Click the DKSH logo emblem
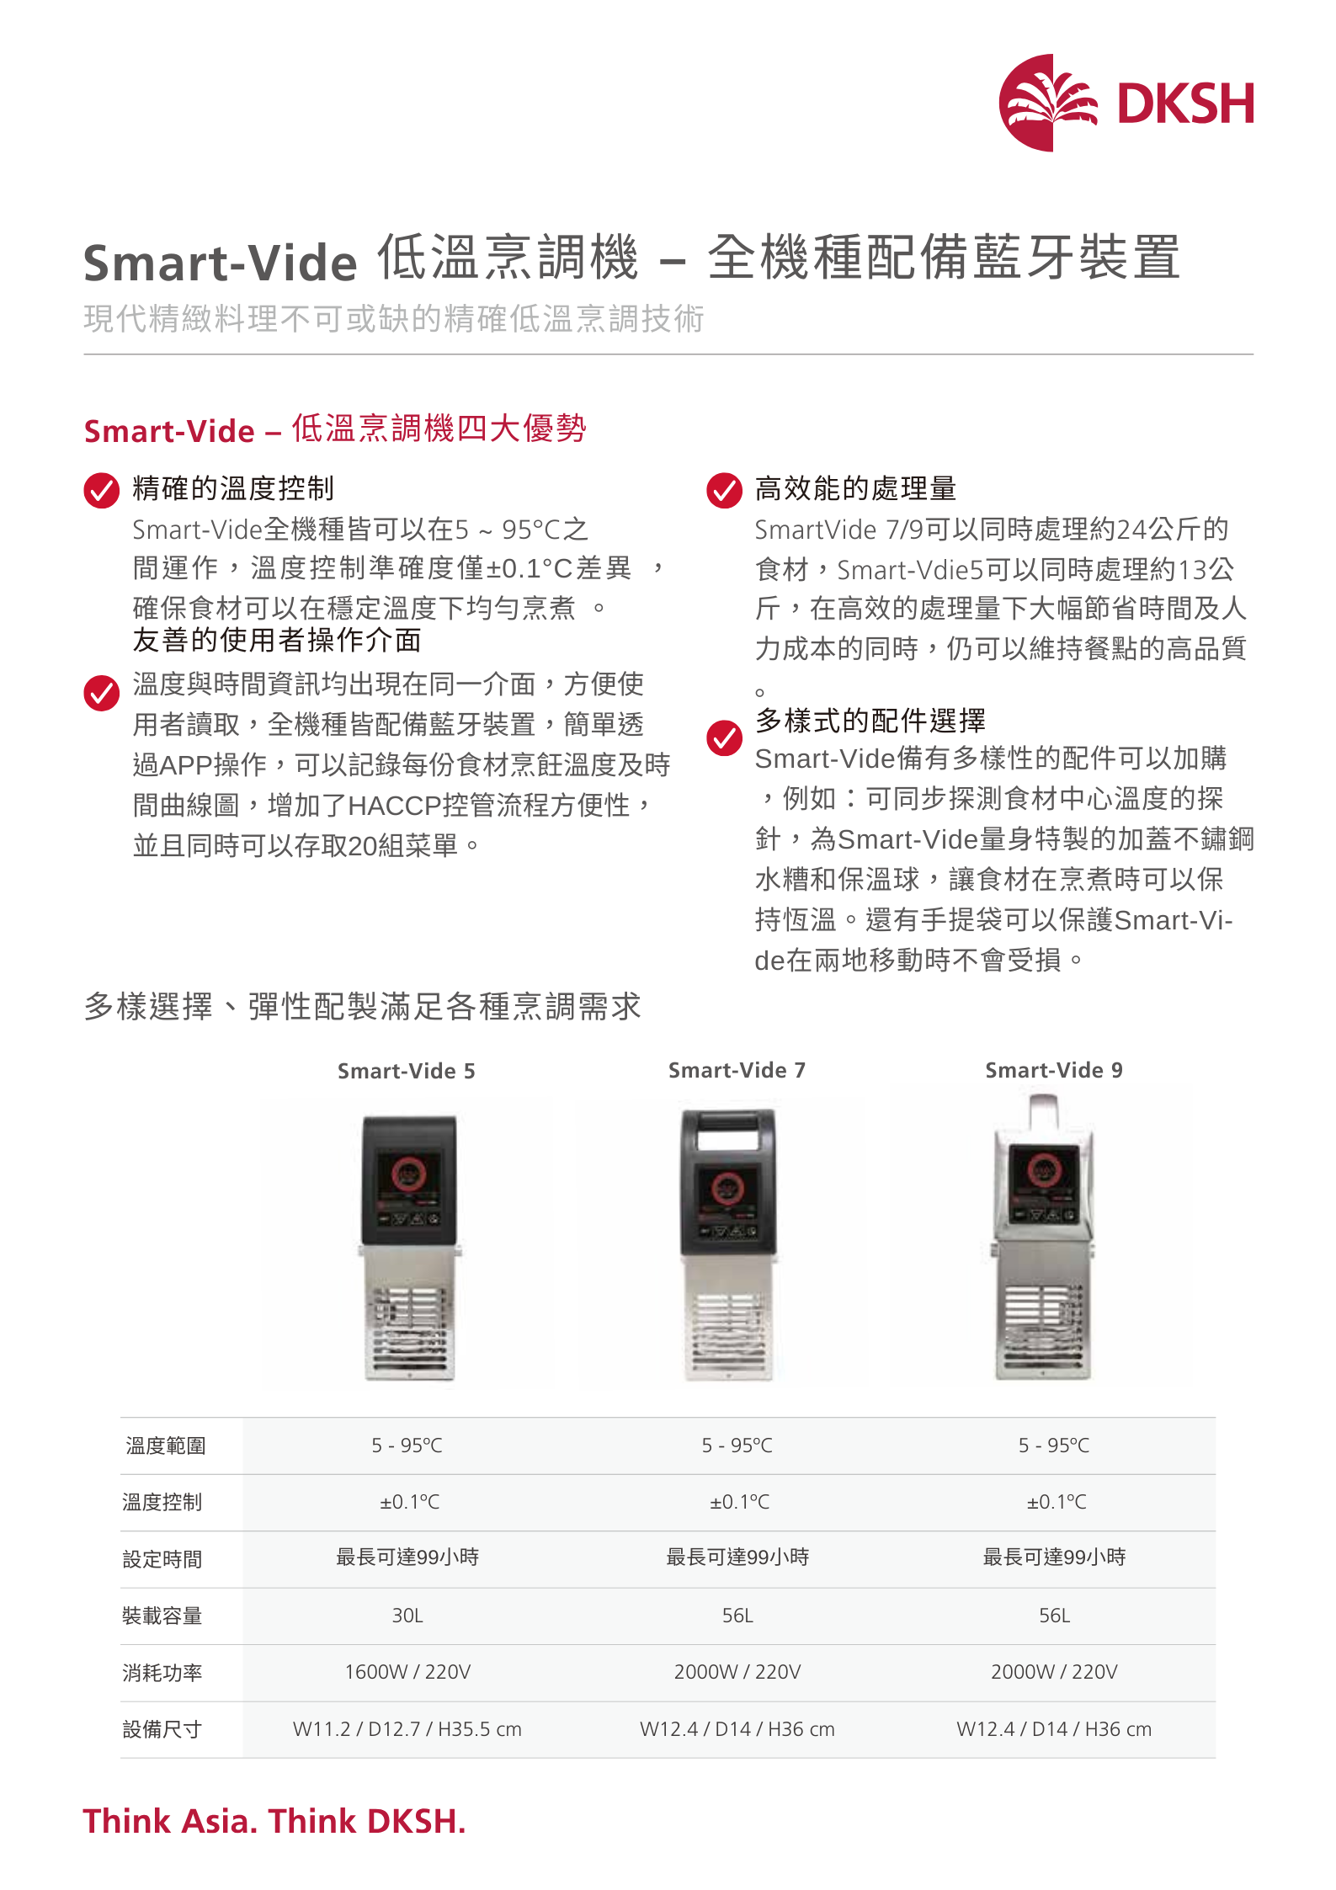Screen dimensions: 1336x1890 [x=1048, y=103]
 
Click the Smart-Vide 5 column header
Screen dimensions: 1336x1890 [x=407, y=1071]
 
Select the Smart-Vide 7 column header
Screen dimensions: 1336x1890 [x=737, y=1070]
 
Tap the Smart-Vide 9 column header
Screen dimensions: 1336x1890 [x=1054, y=1070]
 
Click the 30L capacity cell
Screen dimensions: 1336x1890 [x=407, y=1616]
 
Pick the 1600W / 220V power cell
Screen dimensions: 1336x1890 [x=407, y=1672]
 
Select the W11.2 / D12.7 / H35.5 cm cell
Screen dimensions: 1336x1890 [x=407, y=1729]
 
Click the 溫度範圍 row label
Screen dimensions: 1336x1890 [x=166, y=1445]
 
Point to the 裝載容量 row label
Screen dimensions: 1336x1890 [x=162, y=1616]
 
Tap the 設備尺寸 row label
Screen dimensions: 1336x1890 [x=162, y=1729]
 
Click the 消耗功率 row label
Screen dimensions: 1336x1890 [x=162, y=1672]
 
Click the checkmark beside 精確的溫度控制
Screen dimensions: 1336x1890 [x=102, y=491]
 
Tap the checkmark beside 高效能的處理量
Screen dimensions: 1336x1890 [x=724, y=491]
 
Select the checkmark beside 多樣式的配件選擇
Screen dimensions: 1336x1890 [x=724, y=738]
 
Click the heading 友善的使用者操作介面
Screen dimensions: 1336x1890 [x=277, y=640]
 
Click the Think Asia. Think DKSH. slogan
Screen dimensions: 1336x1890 [x=274, y=1820]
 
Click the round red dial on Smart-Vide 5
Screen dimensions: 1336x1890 [x=408, y=1173]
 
